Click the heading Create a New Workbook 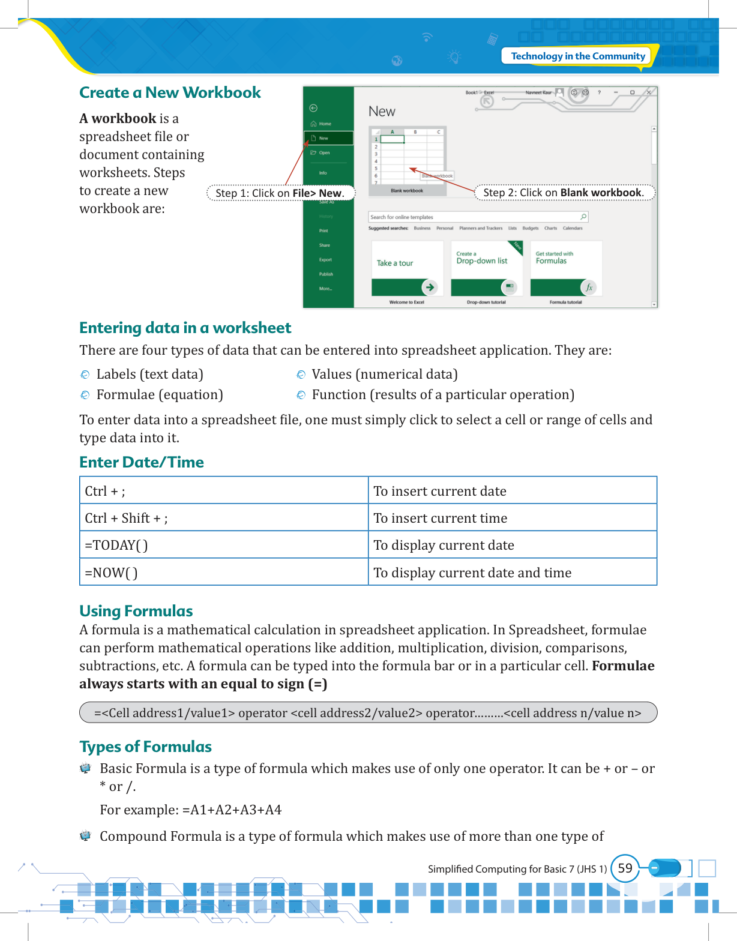170,93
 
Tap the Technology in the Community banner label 577,56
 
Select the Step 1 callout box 280,193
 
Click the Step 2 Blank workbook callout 564,193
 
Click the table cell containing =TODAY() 223,545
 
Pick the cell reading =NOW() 223,573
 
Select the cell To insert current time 512,518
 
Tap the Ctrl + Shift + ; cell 223,518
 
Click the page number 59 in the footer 625,868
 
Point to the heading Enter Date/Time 142,462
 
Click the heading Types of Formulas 146,747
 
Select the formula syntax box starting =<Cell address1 368,712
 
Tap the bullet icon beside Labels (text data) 85,375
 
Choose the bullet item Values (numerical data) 384,374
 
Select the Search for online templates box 478,217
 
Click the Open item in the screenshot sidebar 324,153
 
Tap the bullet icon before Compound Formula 85,836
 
